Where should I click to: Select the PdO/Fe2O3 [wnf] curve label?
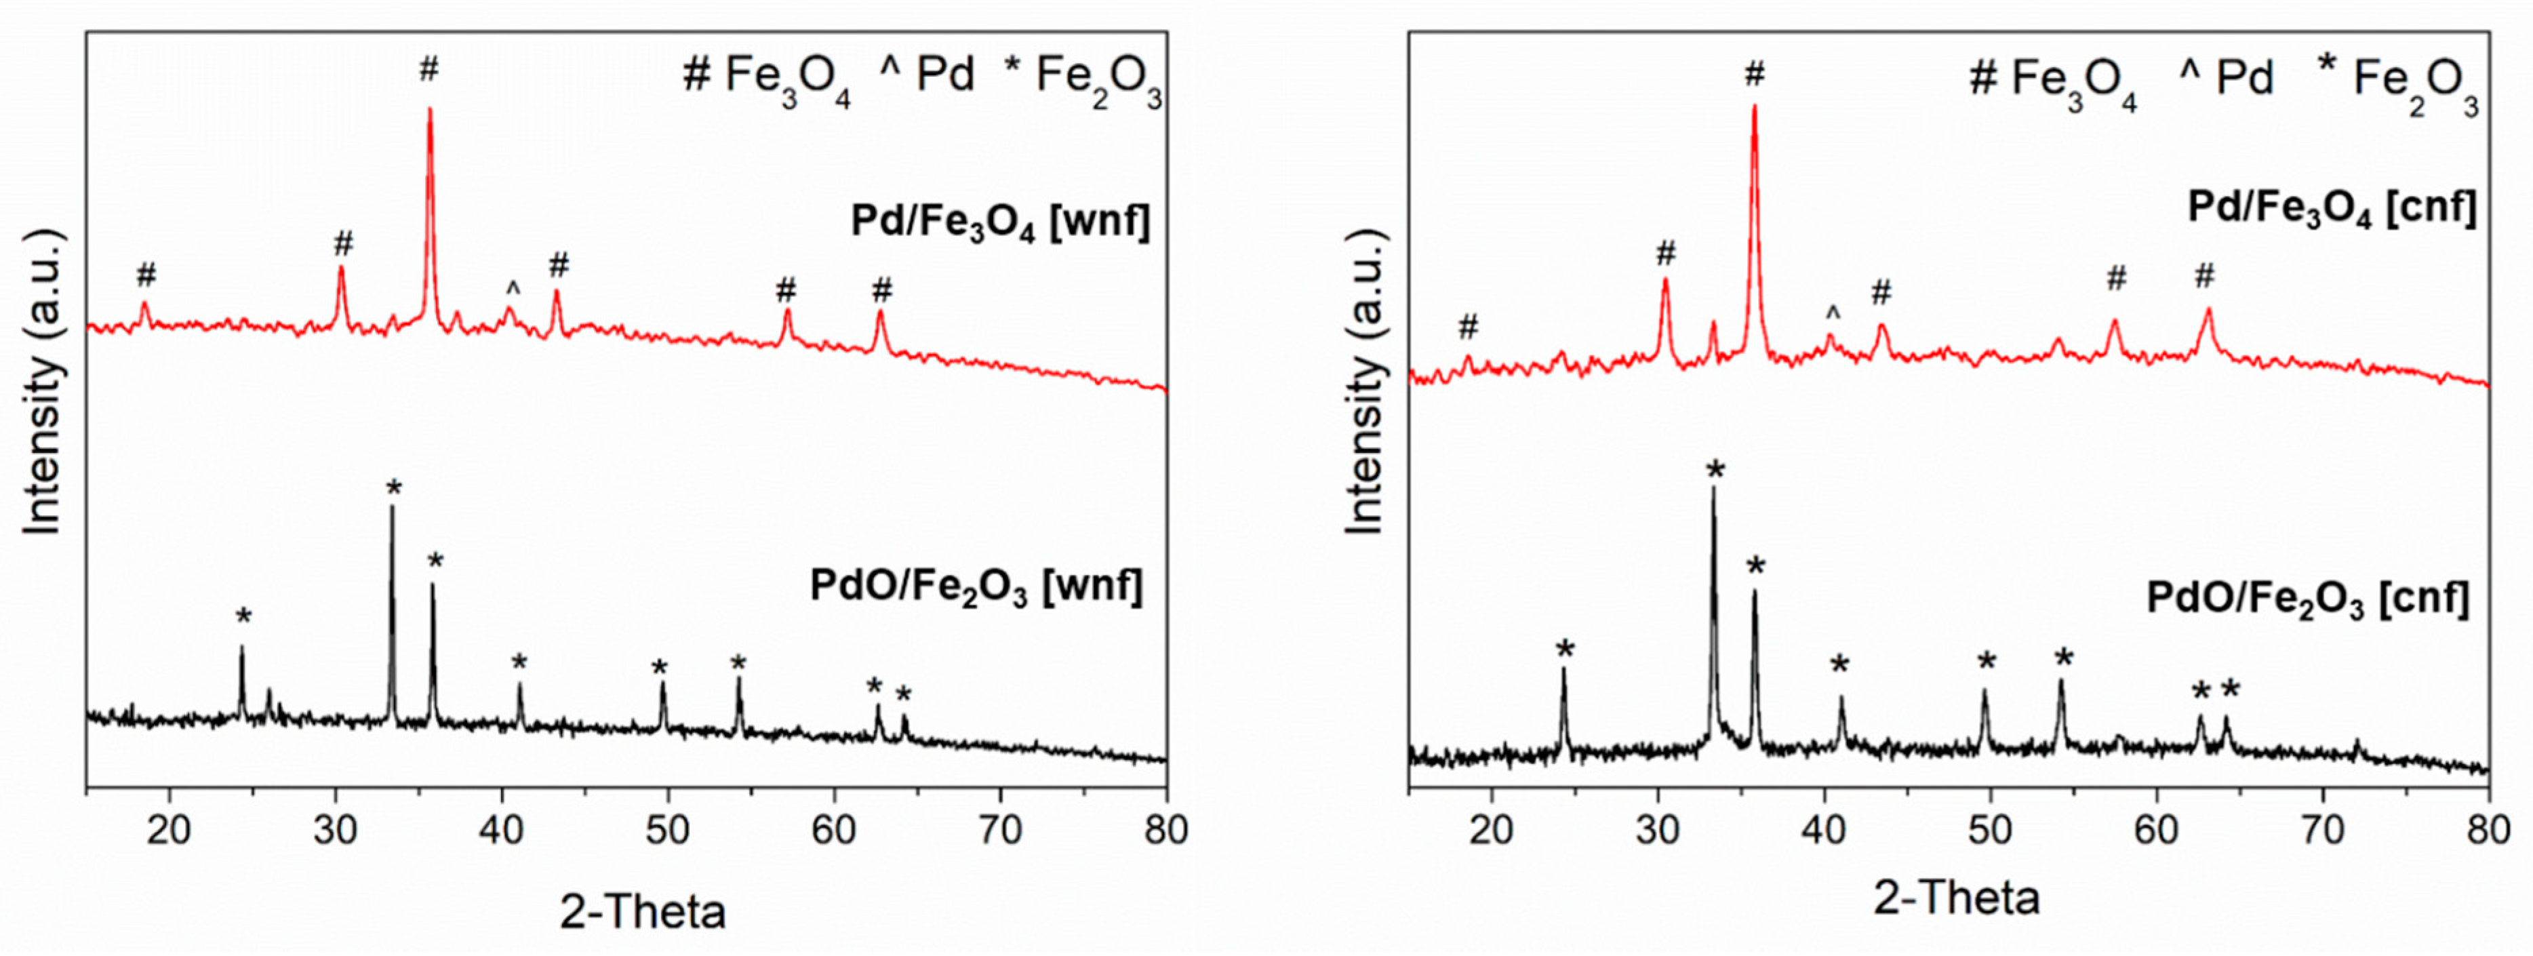coord(976,588)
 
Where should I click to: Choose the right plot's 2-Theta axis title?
coord(1956,898)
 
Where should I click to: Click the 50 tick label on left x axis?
coord(669,831)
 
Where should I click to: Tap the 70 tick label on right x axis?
coord(2323,831)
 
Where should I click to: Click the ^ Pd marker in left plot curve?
coord(511,289)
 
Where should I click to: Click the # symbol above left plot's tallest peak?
coord(428,70)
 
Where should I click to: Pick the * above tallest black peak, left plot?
coord(393,488)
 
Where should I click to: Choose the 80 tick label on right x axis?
coord(2488,831)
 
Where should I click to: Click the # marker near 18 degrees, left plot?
coord(146,275)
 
